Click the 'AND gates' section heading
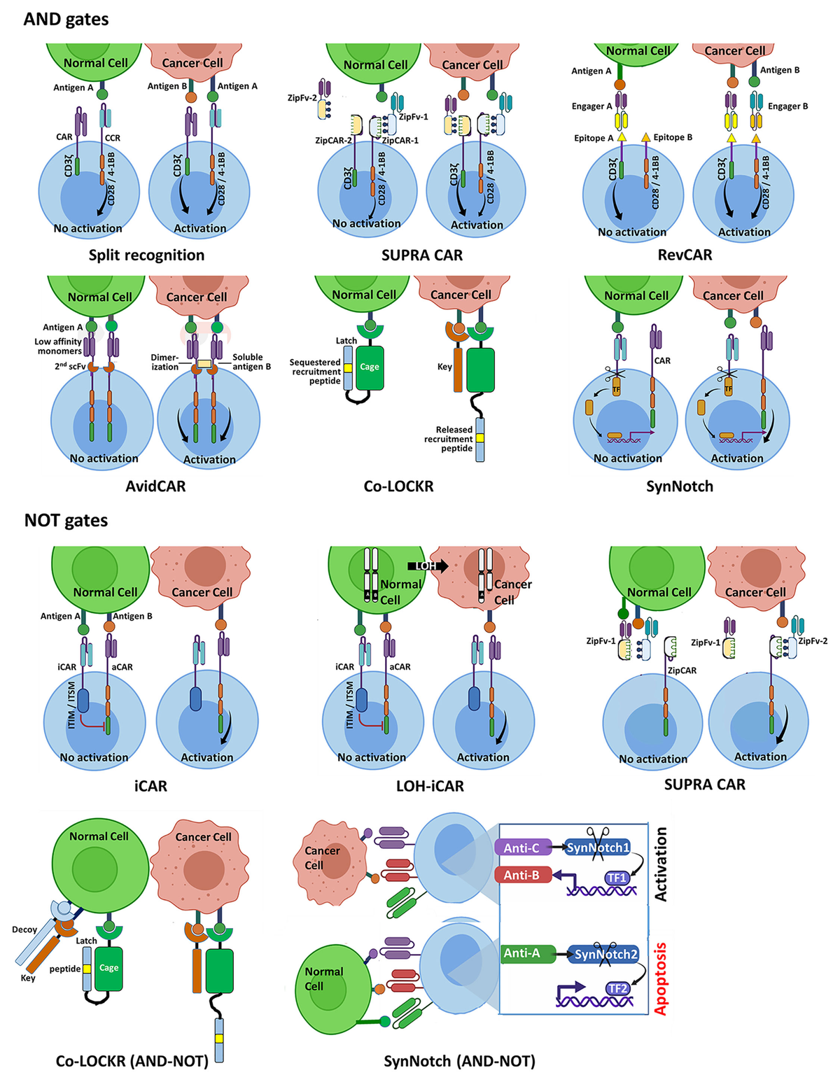point(66,19)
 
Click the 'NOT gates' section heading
point(66,520)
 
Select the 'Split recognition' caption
point(146,255)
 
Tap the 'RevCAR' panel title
point(685,255)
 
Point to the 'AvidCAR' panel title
point(155,486)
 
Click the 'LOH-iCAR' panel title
point(430,786)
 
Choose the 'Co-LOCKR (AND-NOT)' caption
point(132,1061)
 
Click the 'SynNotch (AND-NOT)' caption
point(459,1061)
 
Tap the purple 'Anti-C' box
point(522,848)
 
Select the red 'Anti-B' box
point(522,875)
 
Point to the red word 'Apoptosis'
point(660,978)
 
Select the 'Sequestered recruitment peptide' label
point(315,372)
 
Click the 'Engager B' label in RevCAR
point(787,106)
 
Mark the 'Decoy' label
point(24,929)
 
